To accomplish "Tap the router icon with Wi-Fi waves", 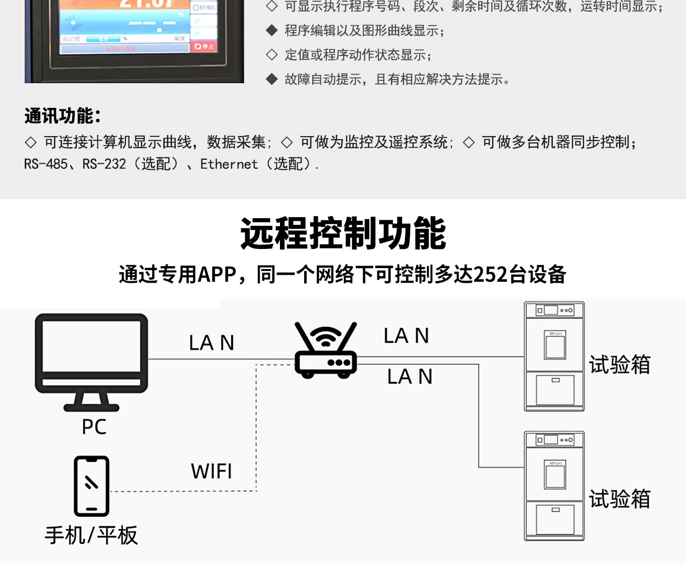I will click(326, 351).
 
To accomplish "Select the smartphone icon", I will click(91, 486).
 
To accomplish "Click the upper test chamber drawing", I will click(554, 356).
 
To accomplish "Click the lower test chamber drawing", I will click(554, 486).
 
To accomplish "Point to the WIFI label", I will click(211, 472).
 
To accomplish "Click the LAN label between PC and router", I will click(211, 343).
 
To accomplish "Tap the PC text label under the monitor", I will click(94, 427).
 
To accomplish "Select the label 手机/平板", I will click(91, 535).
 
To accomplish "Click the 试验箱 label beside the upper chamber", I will click(619, 364).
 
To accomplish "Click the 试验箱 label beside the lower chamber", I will click(619, 499).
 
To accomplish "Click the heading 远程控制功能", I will click(343, 233).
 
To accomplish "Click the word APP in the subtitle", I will click(217, 275).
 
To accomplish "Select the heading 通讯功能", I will click(63, 116).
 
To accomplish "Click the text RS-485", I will click(45, 164).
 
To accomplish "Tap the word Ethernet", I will click(229, 164).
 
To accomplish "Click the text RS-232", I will click(104, 164).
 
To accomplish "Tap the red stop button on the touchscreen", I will click(204, 46).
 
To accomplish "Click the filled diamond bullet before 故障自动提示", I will click(272, 79).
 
